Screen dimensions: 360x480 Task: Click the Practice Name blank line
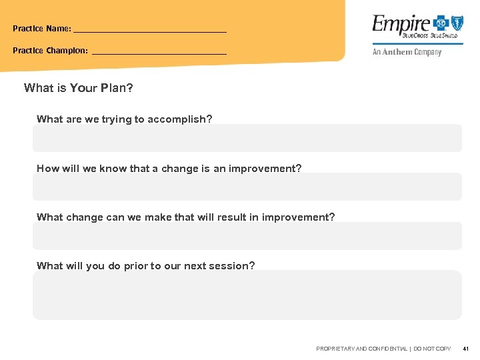tap(150, 31)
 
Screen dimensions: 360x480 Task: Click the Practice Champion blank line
tap(159, 52)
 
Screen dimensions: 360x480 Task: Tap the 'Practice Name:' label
tap(42, 29)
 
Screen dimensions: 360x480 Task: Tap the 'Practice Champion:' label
tap(50, 51)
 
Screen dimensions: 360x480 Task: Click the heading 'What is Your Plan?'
tap(79, 88)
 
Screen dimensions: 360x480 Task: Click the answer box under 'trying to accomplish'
tap(247, 138)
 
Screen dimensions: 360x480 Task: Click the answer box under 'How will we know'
tap(247, 187)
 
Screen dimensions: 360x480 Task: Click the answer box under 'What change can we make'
tap(247, 236)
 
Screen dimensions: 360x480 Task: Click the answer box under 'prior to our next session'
tap(247, 295)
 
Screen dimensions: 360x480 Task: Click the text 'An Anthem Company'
tap(407, 52)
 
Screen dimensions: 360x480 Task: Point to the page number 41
tap(465, 349)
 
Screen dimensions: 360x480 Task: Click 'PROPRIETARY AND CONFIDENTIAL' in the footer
tap(361, 349)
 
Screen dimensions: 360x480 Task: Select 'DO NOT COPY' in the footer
tap(432, 349)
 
